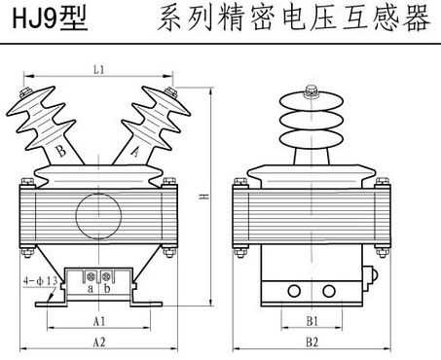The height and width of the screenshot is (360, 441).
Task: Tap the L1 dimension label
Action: coord(98,69)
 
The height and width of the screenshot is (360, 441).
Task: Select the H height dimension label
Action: coord(203,196)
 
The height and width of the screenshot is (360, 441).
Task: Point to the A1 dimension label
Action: coord(99,321)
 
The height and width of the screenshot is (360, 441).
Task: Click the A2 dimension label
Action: coord(99,342)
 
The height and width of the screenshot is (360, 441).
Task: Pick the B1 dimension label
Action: coord(312,321)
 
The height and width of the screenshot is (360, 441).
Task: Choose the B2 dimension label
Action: coord(312,342)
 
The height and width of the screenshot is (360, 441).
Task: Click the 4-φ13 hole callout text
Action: coord(41,281)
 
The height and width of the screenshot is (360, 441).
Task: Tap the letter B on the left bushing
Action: coord(60,151)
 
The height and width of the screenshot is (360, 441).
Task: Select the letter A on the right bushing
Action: coord(135,151)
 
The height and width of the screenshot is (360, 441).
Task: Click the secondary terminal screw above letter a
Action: coord(90,276)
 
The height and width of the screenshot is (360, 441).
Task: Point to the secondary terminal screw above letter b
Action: coord(106,276)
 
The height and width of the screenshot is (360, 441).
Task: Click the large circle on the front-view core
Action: coord(98,216)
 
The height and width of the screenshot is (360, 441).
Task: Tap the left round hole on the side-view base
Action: coord(294,291)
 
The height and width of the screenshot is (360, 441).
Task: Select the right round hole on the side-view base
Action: coord(329,291)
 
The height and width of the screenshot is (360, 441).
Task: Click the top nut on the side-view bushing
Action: coord(312,91)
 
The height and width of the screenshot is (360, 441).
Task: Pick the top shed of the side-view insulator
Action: coord(312,101)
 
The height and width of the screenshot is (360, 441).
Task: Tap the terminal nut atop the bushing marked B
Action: coord(25,92)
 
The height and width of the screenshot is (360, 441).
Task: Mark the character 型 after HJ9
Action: coord(74,18)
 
